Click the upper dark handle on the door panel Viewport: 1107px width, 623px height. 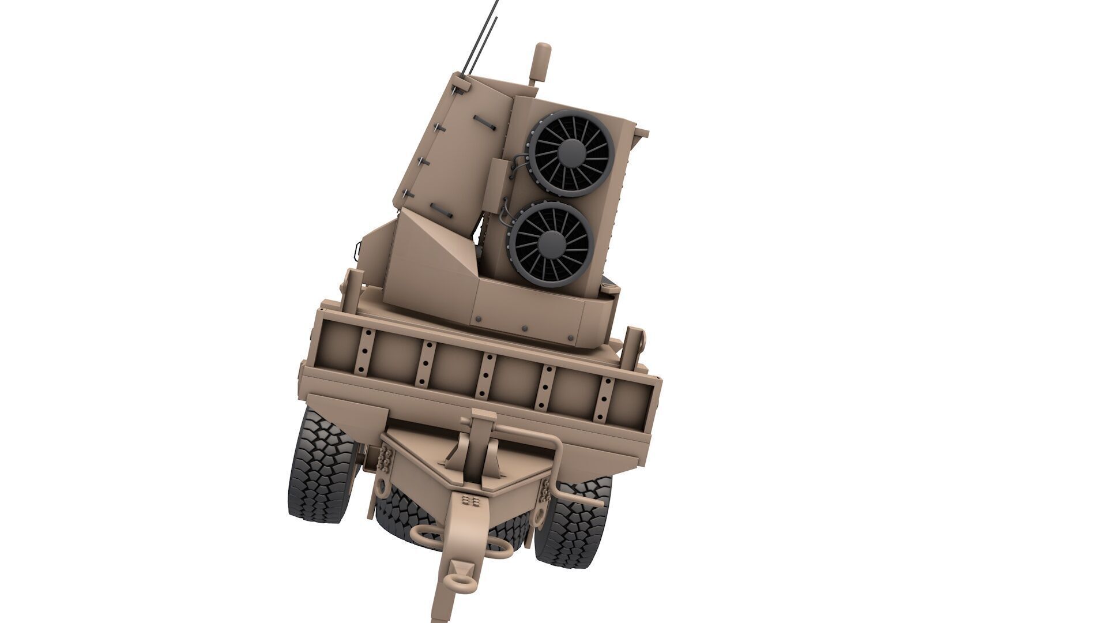pos(485,122)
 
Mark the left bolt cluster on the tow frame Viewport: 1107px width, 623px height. pos(385,459)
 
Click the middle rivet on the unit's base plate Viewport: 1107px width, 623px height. pos(524,328)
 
